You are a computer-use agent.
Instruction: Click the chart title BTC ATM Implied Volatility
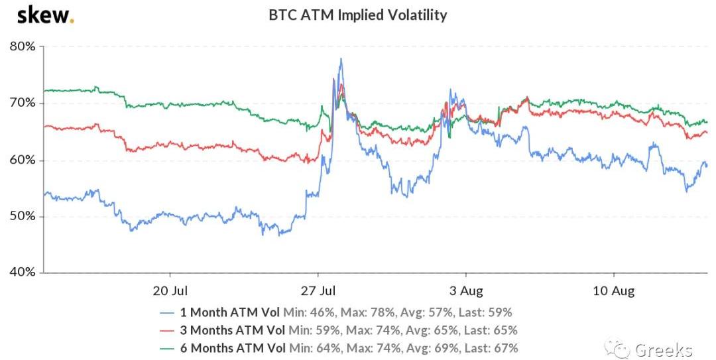[x=357, y=14]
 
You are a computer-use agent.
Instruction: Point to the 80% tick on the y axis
[x=23, y=46]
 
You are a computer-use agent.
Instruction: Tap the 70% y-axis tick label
[x=23, y=103]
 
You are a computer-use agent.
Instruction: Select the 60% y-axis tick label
[x=23, y=160]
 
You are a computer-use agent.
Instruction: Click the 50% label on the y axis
[x=23, y=217]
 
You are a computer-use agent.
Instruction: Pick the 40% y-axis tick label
[x=23, y=272]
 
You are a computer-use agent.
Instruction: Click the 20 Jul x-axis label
[x=170, y=290]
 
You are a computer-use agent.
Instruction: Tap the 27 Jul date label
[x=318, y=290]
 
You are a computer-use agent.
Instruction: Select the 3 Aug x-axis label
[x=466, y=290]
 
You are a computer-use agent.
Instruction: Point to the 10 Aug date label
[x=614, y=290]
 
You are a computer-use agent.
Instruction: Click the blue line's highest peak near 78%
[x=341, y=59]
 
